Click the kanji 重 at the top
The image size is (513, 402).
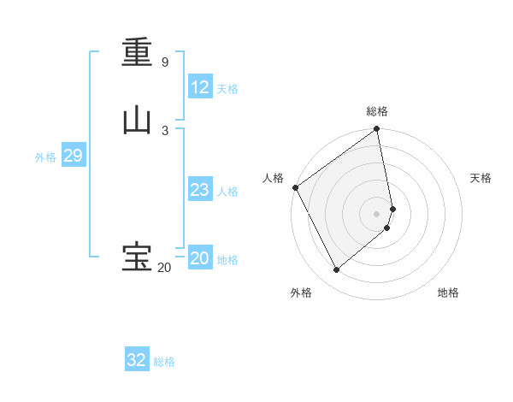click(137, 52)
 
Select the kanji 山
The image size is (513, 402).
click(137, 121)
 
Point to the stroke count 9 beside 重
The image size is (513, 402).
click(164, 62)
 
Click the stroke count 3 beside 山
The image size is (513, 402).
click(164, 130)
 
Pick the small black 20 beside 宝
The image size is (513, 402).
click(164, 268)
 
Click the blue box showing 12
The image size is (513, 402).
click(199, 86)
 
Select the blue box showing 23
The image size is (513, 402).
click(199, 190)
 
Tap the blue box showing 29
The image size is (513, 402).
click(73, 156)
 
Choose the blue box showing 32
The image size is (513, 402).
click(137, 360)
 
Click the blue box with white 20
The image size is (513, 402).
click(199, 258)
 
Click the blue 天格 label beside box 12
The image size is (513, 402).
click(227, 89)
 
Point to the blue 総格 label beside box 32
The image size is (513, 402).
click(164, 362)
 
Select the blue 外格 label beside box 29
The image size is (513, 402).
click(45, 157)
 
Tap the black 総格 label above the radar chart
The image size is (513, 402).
click(377, 111)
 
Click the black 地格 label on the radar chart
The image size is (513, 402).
click(448, 293)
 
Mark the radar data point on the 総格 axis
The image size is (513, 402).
click(377, 130)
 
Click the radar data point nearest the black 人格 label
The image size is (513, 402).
click(295, 187)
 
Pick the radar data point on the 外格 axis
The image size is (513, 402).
click(336, 270)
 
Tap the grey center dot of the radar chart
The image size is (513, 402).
click(377, 213)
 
